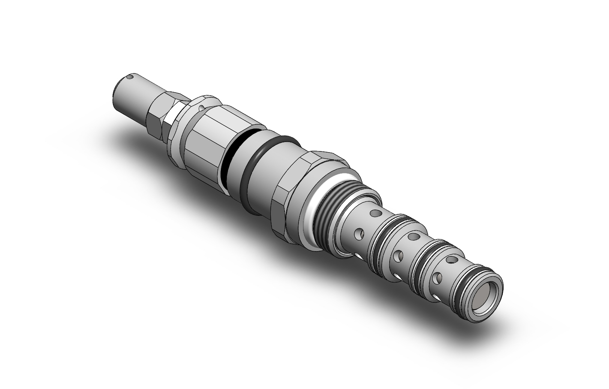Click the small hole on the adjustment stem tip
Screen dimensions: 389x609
[129, 78]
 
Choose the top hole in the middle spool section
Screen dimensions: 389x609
[414, 236]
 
